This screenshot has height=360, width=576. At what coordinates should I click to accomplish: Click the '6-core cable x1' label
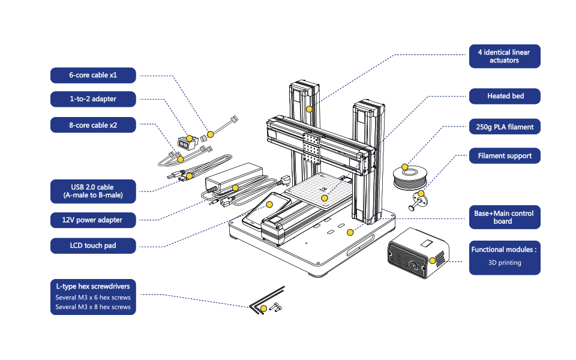coord(93,76)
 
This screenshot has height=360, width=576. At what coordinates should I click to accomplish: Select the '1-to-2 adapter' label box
coord(93,99)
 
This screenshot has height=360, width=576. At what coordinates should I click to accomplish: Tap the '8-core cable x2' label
coord(93,125)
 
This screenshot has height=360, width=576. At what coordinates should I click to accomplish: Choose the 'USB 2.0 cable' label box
coord(93,191)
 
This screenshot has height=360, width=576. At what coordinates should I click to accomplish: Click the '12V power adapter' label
coord(93,220)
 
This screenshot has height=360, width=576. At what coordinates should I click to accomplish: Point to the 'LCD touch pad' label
coord(93,246)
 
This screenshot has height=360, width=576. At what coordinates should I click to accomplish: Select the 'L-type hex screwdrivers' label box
coord(93,297)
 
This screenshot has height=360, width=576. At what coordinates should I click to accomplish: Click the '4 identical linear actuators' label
coord(505,56)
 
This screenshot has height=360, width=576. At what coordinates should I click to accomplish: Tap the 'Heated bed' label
coord(505,96)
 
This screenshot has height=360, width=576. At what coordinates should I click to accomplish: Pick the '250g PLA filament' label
coord(505,127)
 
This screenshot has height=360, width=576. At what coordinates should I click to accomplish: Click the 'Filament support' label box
coord(505,156)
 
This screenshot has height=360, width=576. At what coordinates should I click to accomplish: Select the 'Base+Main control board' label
coord(505,217)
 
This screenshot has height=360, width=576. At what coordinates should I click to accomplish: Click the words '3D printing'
coord(505,263)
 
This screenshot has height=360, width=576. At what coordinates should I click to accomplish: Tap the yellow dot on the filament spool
coord(405,167)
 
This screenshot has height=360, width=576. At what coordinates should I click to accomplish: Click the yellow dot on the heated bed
coord(325,198)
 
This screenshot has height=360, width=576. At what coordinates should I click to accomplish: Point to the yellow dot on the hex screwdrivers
coord(264,308)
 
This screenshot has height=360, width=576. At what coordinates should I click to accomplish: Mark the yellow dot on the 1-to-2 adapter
coord(189,139)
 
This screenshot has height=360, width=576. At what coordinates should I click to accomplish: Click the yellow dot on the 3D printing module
coord(433,260)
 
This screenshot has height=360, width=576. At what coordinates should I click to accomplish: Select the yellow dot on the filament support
coord(421,194)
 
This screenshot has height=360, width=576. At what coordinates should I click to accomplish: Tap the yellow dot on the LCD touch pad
coord(269,204)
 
